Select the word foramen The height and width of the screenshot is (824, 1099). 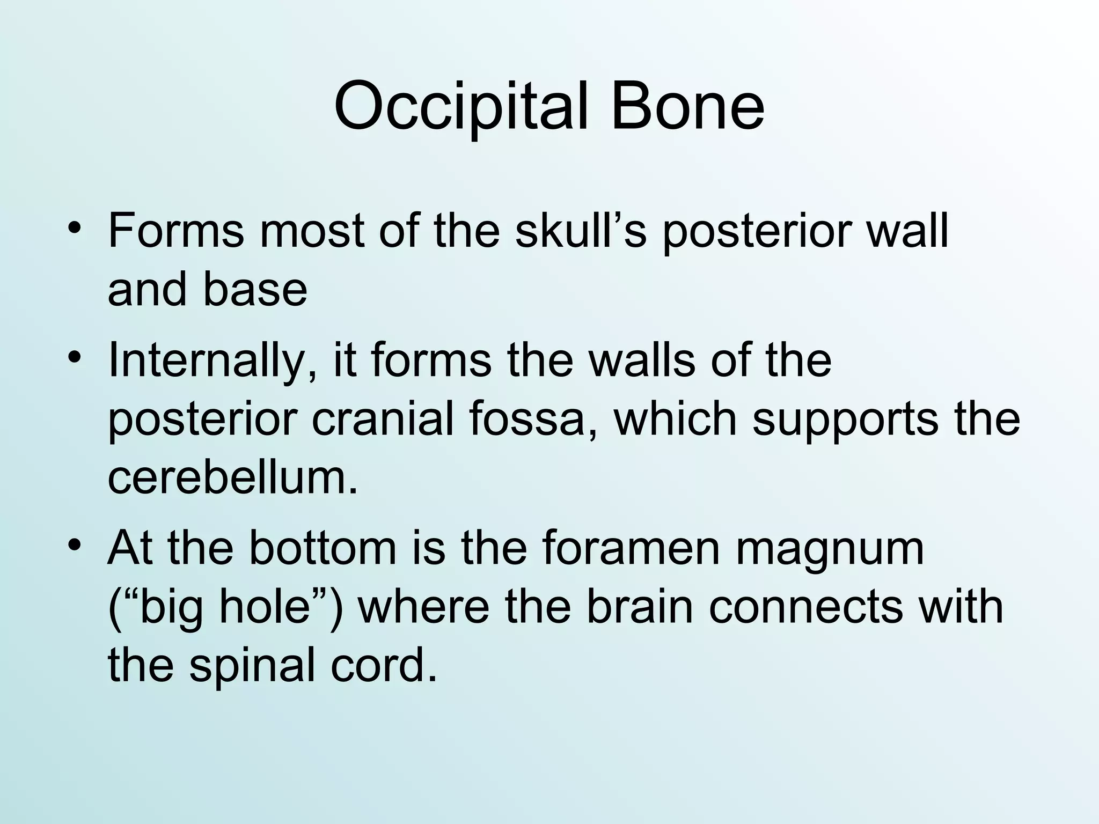630,548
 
